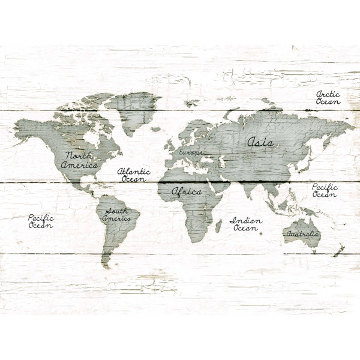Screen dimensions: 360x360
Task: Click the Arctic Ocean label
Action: pos(328,98)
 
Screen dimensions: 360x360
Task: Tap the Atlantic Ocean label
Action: pos(134,175)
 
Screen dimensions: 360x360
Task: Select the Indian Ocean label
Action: pos(246,224)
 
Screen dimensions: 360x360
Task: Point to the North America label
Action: pos(79,160)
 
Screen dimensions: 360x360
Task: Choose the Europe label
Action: pos(191,153)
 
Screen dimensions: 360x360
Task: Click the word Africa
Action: pos(187,192)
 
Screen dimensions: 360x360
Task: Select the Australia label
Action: pos(303,233)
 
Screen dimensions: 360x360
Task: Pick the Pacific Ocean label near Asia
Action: pos(325,191)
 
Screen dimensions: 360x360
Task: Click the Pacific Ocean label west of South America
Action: pos(41,221)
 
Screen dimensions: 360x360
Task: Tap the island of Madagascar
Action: pos(218,225)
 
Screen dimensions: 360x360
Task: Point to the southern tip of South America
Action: pos(106,264)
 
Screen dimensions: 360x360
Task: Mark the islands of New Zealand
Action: pos(339,247)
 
